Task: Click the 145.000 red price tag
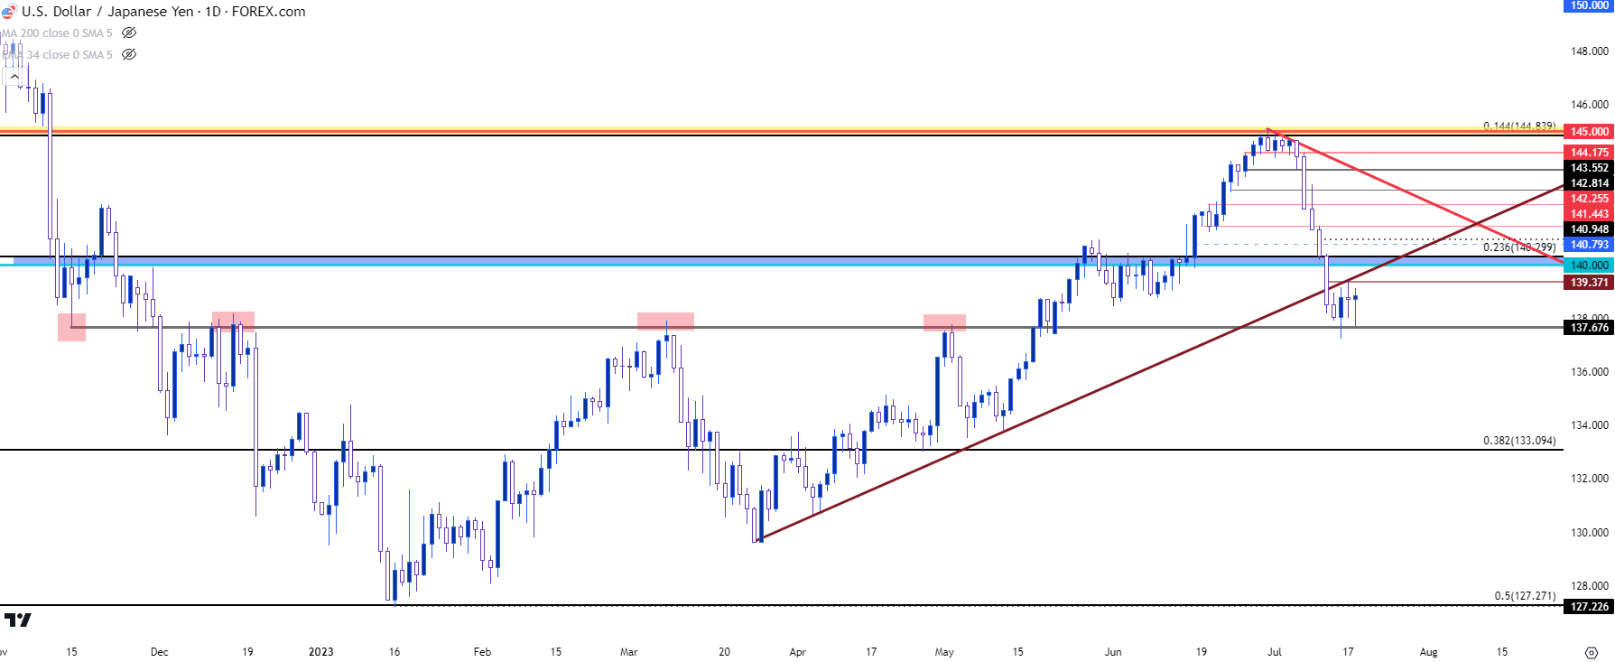(x=1589, y=132)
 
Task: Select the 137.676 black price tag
(x=1589, y=328)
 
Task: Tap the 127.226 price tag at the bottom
(x=1589, y=607)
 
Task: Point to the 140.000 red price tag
(x=1589, y=266)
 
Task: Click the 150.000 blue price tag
(x=1589, y=5)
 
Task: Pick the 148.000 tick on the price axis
(x=1589, y=51)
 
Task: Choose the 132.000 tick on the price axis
(x=1589, y=479)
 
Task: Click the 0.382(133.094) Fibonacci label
(x=1519, y=441)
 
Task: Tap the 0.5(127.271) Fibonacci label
(x=1525, y=596)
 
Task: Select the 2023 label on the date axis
(x=320, y=652)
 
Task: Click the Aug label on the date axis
(x=1428, y=652)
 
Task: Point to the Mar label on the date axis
(x=628, y=652)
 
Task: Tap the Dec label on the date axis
(x=159, y=652)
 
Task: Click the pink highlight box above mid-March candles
(x=665, y=321)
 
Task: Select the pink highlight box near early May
(x=944, y=322)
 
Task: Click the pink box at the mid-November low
(x=71, y=327)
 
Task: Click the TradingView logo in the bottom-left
(x=17, y=620)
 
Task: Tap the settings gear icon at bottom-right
(x=1592, y=652)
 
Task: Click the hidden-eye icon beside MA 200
(x=129, y=33)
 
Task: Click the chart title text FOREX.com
(x=269, y=12)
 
